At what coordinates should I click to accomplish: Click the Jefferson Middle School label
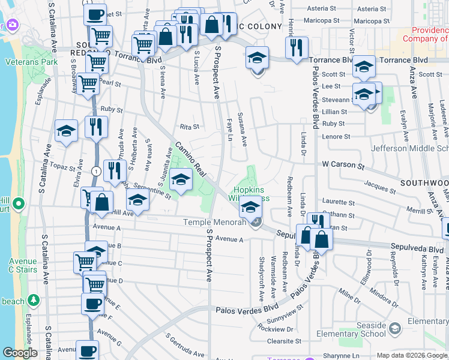tap(409, 148)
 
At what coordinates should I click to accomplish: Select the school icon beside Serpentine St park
tap(181, 179)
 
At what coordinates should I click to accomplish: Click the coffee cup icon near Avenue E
tap(92, 304)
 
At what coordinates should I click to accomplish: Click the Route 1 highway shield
tap(96, 171)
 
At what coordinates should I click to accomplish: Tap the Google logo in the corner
tap(20, 353)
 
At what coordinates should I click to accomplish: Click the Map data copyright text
tap(412, 355)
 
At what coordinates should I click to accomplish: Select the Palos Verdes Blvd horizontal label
tap(243, 310)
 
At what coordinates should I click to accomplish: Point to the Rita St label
tap(189, 127)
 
